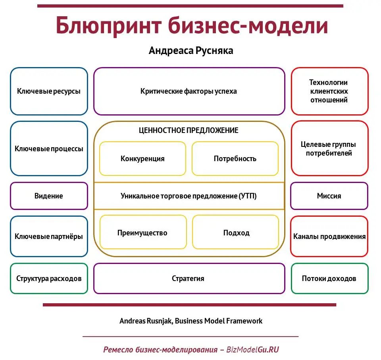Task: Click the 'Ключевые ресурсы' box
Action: pos(49,91)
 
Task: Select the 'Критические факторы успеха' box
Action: pos(189,91)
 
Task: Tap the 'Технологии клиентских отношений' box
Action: pos(329,91)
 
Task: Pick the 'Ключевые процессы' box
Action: pos(49,149)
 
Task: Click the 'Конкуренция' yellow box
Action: pos(142,159)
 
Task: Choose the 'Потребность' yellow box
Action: pos(235,159)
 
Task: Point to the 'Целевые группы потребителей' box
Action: pos(329,149)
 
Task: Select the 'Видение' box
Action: pos(49,196)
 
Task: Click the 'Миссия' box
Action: pos(329,196)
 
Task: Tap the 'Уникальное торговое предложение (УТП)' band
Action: pos(189,196)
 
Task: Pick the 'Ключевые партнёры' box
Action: pos(49,237)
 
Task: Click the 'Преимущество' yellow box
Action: pos(142,233)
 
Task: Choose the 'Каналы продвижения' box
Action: pos(329,237)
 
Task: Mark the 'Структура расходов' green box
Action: pos(49,279)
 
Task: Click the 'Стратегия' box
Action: pos(189,279)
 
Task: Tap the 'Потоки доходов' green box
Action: pos(329,279)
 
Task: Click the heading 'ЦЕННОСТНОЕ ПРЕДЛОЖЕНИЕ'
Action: pos(189,130)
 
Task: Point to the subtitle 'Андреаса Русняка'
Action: pos(191,50)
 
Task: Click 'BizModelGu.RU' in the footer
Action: pos(252,350)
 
